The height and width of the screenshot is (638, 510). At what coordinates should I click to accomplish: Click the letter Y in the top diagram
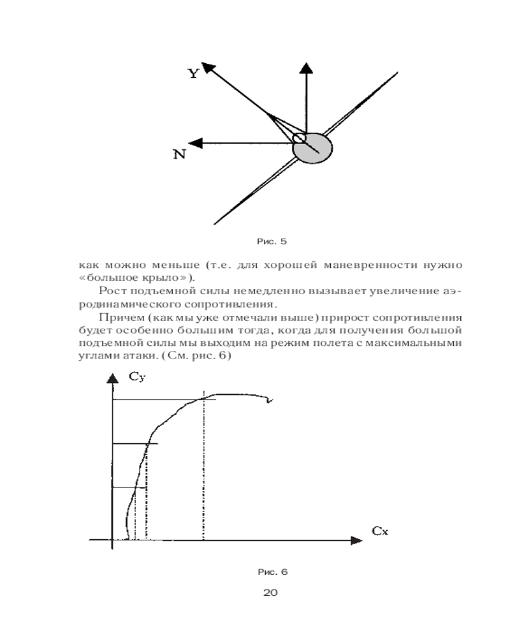[193, 73]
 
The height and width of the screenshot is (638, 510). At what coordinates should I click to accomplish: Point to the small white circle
[298, 138]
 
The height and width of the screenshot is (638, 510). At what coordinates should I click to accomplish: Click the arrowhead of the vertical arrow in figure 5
[307, 68]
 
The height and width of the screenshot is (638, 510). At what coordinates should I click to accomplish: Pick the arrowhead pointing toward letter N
[197, 144]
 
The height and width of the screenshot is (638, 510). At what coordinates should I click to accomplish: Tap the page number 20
[270, 593]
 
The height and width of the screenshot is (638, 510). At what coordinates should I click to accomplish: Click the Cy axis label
[138, 378]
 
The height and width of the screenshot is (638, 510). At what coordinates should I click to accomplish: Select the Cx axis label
[380, 531]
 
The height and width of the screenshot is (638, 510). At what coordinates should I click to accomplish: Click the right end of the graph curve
[272, 401]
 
